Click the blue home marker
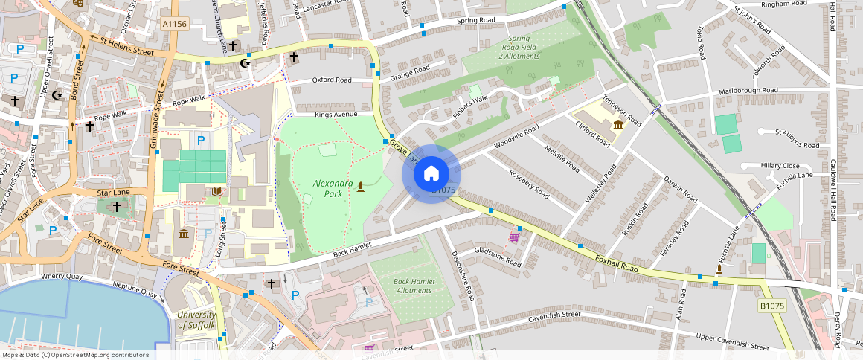click(431, 174)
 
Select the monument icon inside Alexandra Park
click(361, 186)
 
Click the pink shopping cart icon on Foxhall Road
click(513, 237)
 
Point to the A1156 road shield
click(175, 25)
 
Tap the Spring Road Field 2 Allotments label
click(519, 48)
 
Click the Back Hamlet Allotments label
click(413, 286)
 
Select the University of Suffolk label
click(196, 320)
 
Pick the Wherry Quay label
click(62, 276)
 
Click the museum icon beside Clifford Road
click(618, 125)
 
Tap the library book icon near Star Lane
click(216, 192)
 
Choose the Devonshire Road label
click(462, 275)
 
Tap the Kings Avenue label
click(336, 115)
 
